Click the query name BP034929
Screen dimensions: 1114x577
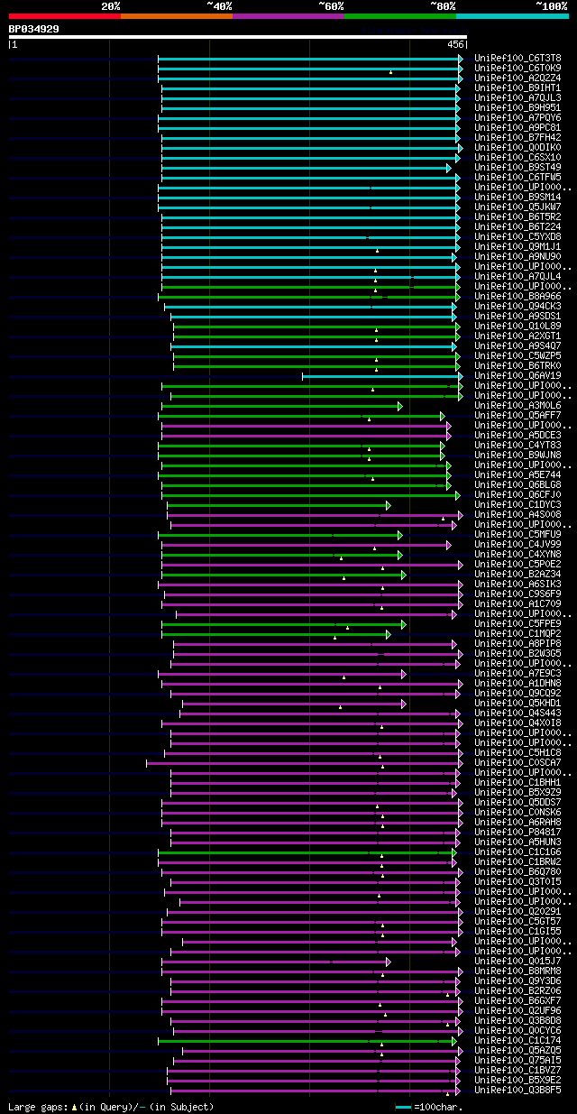point(34,29)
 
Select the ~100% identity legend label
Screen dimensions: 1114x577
point(551,5)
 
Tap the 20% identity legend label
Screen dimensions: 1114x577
point(111,5)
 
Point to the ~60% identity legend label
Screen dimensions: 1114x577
point(331,5)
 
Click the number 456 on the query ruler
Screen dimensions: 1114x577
point(455,43)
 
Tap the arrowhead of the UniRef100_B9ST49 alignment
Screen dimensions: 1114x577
point(448,168)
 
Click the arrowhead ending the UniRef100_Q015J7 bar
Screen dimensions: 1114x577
point(388,962)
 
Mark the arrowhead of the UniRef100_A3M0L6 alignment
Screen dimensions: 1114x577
point(399,406)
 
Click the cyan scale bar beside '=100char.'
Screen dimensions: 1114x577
point(403,1107)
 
